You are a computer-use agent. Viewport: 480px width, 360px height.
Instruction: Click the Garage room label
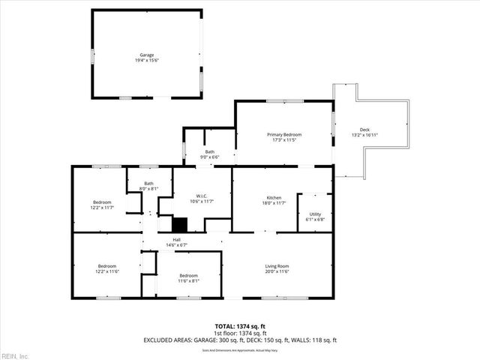(146, 55)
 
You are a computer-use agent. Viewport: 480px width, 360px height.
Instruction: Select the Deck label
(364, 130)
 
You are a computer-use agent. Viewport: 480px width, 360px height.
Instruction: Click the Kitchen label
(282, 197)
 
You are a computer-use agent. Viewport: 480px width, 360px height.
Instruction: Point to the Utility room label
(315, 214)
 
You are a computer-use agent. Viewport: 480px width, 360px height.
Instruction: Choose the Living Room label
(277, 266)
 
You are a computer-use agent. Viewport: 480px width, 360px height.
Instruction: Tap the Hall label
(176, 240)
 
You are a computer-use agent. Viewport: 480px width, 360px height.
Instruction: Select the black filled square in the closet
(180, 223)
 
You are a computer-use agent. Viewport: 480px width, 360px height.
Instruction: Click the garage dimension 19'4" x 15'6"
(146, 61)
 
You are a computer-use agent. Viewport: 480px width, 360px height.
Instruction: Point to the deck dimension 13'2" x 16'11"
(364, 136)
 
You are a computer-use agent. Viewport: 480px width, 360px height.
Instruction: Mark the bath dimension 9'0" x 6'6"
(210, 157)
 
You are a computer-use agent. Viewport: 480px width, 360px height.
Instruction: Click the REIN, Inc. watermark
(15, 355)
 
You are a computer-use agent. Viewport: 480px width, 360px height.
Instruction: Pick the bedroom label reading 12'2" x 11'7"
(103, 208)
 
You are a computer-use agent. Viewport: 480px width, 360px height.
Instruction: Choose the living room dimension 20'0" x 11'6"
(277, 272)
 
